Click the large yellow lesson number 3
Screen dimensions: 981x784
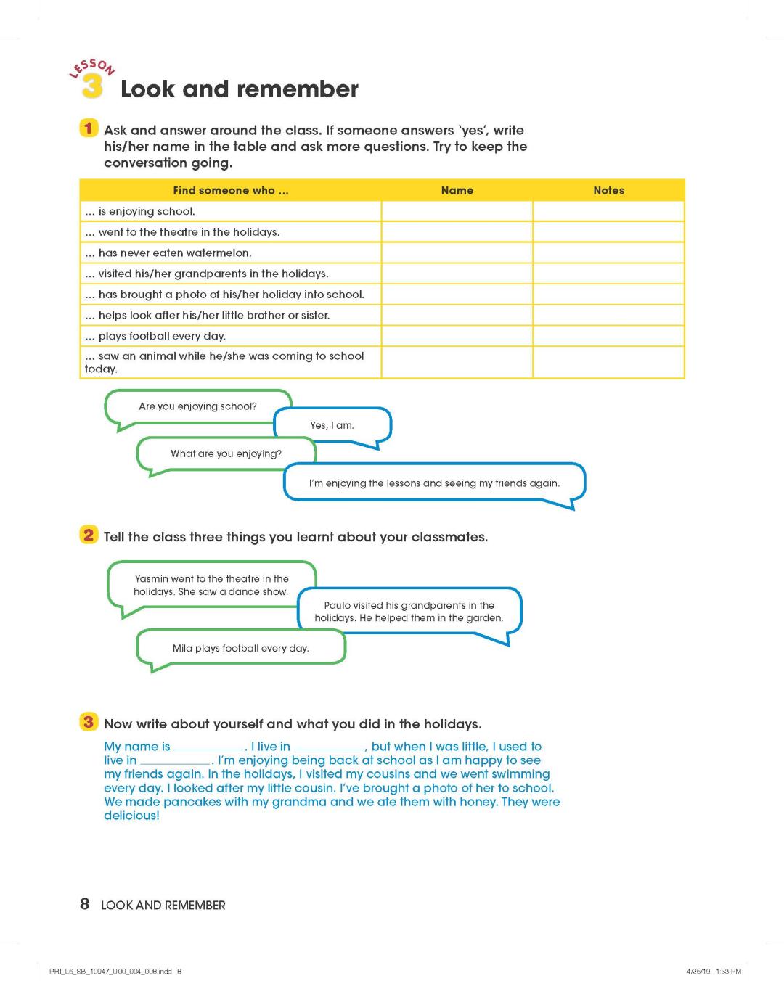[x=91, y=86]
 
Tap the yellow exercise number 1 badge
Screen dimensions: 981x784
[x=88, y=128]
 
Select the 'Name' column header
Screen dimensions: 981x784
[x=457, y=190]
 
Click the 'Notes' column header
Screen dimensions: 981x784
[x=608, y=190]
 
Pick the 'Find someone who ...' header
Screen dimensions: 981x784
[x=230, y=190]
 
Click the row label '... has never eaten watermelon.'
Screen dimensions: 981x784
[x=168, y=253]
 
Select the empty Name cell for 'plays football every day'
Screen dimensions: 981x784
[x=457, y=336]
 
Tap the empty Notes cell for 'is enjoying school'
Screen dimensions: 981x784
[x=608, y=211]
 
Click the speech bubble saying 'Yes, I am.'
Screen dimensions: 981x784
[x=332, y=425]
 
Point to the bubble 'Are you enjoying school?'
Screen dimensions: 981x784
[x=197, y=406]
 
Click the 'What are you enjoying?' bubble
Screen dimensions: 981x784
[x=226, y=453]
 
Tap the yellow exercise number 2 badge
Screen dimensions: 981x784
[x=88, y=535]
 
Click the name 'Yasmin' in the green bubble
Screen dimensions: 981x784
[x=151, y=579]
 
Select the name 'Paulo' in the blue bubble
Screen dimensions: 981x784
[x=338, y=605]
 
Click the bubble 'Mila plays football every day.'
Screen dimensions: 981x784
[x=240, y=648]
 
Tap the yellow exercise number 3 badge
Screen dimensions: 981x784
[x=88, y=722]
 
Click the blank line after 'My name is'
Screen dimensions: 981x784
[x=208, y=747]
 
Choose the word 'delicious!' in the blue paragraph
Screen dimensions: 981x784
[x=131, y=816]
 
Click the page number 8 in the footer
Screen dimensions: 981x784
[x=85, y=904]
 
